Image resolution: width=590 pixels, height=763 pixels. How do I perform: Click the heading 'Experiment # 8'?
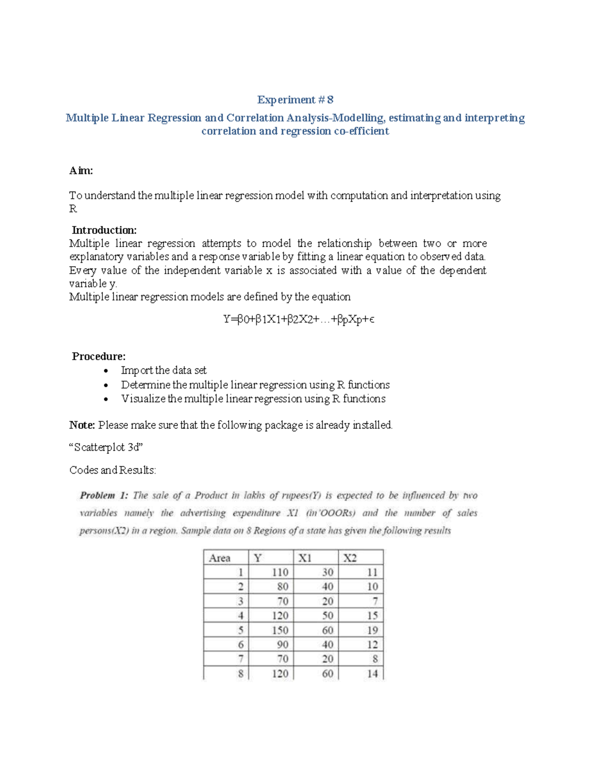tap(295, 100)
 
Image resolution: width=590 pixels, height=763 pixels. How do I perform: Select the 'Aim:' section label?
tap(81, 170)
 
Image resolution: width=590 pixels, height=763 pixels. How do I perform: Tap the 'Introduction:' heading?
tap(104, 230)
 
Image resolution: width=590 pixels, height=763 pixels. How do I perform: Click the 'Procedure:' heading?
tap(99, 356)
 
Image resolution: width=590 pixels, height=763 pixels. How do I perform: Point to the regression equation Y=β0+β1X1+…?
tap(299, 319)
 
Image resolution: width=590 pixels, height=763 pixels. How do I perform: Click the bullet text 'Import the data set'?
tap(164, 370)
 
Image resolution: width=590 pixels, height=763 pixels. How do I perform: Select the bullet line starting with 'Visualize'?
tap(253, 398)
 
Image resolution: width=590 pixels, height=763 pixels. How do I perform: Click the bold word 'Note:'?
tap(82, 425)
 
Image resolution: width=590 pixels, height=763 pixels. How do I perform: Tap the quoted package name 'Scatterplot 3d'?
tap(106, 447)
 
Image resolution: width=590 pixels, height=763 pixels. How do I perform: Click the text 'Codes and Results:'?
tap(113, 470)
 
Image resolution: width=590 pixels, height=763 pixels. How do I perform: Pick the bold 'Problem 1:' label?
tap(104, 495)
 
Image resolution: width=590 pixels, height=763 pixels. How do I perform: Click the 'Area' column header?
tap(220, 558)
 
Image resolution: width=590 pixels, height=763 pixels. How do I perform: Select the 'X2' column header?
tap(350, 558)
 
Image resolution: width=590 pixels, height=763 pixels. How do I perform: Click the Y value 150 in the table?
tap(280, 630)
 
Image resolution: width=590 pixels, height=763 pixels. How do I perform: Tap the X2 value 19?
tap(372, 630)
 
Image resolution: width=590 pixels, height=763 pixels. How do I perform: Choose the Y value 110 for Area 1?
tap(280, 572)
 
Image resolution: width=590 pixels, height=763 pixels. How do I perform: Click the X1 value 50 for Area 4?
tap(327, 616)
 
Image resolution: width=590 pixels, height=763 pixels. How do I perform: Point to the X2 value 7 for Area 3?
tap(375, 601)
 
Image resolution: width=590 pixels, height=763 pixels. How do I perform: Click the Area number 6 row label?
tap(240, 645)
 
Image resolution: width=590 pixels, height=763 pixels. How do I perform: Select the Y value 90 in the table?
tap(282, 645)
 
